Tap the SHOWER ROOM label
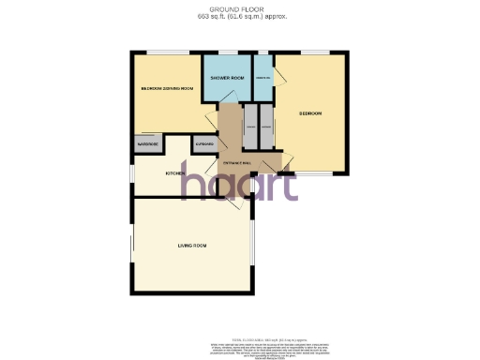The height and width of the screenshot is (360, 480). [x=227, y=78]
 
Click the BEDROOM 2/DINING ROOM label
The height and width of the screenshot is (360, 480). [x=166, y=88]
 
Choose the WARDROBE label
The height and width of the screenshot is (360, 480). [x=147, y=144]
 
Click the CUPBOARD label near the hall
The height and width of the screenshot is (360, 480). [x=203, y=144]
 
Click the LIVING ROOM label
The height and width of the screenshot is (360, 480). [x=192, y=246]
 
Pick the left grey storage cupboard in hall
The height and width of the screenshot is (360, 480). [x=250, y=126]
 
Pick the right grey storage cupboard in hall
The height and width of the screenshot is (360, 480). [x=266, y=126]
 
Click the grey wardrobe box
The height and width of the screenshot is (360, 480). [x=147, y=145]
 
